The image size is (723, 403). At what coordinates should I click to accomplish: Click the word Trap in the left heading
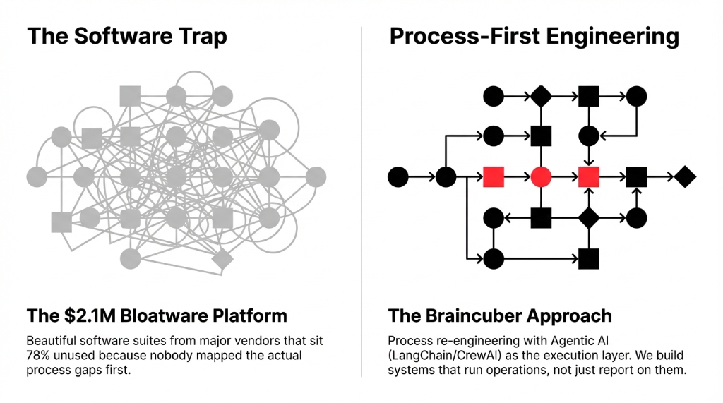[198, 37]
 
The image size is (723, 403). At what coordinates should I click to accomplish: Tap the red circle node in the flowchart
[541, 176]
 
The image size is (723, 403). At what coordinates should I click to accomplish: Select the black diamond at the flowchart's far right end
[684, 176]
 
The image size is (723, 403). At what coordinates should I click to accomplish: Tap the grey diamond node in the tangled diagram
[222, 259]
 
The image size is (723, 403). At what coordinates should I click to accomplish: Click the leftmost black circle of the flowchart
[398, 176]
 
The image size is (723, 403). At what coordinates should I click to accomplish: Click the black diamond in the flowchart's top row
[541, 95]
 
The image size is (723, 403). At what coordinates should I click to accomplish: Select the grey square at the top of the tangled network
[130, 95]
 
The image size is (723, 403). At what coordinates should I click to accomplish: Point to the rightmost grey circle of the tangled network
[316, 176]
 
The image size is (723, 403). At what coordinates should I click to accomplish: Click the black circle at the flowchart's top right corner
[636, 95]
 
